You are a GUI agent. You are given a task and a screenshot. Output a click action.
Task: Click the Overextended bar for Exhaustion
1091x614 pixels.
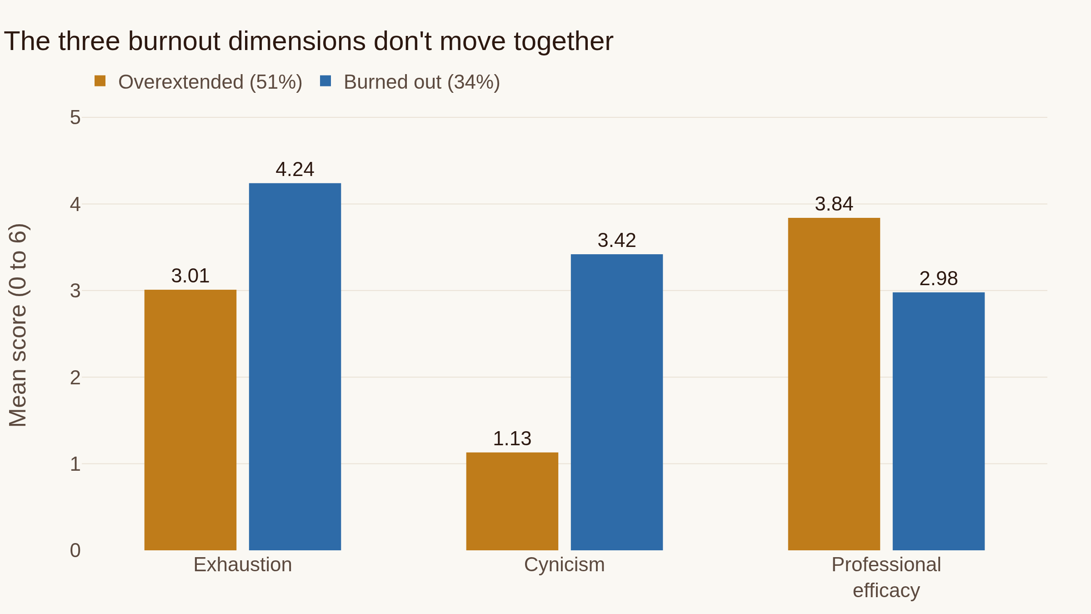click(x=190, y=420)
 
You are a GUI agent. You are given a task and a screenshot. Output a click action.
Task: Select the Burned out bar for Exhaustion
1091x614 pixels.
click(x=295, y=367)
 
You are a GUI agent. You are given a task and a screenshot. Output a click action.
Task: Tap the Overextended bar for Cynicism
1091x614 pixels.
click(x=512, y=501)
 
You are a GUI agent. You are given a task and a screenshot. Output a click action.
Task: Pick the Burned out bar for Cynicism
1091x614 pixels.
click(x=617, y=402)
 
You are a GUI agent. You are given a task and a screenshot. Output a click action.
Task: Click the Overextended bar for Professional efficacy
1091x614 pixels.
click(x=834, y=384)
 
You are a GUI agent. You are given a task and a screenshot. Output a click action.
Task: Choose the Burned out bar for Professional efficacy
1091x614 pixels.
click(x=939, y=421)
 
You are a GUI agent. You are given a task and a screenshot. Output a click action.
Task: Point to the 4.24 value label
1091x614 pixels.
click(x=295, y=170)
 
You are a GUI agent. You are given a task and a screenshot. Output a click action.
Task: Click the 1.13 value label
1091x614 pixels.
click(x=512, y=439)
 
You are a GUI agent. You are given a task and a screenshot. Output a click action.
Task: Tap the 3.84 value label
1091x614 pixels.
click(x=834, y=204)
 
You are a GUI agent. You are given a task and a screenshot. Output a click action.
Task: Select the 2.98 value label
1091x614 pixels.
click(x=939, y=279)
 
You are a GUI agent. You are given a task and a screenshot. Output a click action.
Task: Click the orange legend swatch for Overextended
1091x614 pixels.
click(x=100, y=81)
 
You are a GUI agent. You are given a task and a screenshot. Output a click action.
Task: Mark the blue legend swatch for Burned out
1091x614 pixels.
click(x=325, y=81)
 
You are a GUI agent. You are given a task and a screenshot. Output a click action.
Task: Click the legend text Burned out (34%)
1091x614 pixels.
click(x=422, y=82)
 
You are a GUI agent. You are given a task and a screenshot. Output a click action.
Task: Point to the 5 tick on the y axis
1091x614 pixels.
click(x=75, y=118)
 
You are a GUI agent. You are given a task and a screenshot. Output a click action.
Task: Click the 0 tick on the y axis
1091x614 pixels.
click(x=75, y=550)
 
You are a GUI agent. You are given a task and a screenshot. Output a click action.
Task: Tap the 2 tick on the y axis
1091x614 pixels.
click(x=75, y=377)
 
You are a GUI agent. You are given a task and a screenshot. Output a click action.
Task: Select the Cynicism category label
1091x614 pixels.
click(x=565, y=565)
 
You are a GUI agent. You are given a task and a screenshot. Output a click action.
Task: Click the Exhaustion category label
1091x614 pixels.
click(x=243, y=565)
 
